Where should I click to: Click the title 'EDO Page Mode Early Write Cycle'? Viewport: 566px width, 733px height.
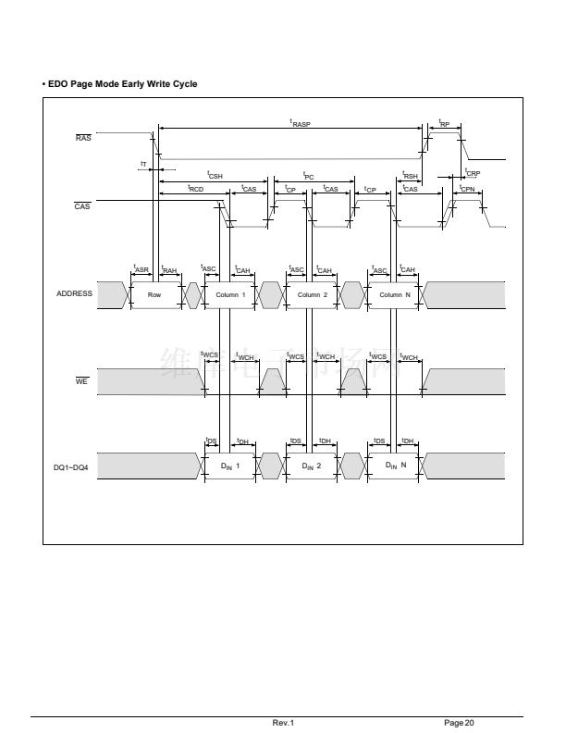point(121,84)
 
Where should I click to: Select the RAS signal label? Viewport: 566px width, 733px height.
point(83,138)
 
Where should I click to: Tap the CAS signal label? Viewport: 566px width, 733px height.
point(82,206)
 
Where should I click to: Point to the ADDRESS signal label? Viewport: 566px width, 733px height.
point(75,293)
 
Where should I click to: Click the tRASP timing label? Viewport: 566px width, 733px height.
point(301,122)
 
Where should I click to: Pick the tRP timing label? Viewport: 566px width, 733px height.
point(444,122)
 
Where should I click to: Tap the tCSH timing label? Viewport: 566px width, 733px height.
point(215,174)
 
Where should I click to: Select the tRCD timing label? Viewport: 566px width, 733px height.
point(195,188)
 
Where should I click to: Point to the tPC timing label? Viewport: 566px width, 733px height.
point(309,174)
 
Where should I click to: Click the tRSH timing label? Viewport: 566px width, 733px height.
point(411,174)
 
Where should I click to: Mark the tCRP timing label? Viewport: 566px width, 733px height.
point(472,171)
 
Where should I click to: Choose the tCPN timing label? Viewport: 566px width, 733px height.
point(467,188)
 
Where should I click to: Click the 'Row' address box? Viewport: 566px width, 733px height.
point(154,294)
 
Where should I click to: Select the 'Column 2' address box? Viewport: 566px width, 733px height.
point(313,294)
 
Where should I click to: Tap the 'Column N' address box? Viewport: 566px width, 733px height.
point(395,294)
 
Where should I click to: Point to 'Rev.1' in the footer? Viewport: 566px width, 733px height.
point(282,722)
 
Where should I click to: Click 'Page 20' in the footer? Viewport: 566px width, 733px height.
point(459,722)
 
